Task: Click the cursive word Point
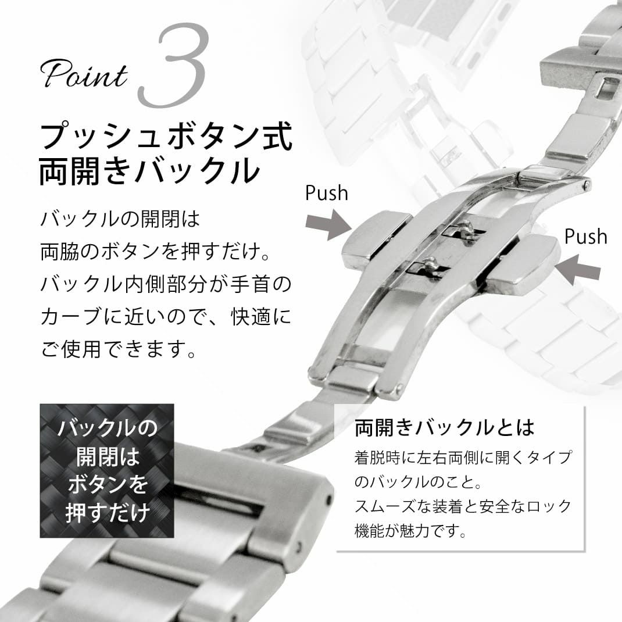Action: (84, 74)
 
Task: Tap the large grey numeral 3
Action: (173, 66)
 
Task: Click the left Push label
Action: (326, 193)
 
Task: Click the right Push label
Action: (585, 237)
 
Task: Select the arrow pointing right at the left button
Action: (328, 224)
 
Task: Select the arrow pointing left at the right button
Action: (578, 269)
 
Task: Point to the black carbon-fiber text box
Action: (107, 471)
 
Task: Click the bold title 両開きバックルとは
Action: (445, 428)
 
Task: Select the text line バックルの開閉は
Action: (120, 219)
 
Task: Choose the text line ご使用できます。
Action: (118, 349)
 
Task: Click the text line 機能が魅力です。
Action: (410, 530)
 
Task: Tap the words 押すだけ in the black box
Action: (107, 512)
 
